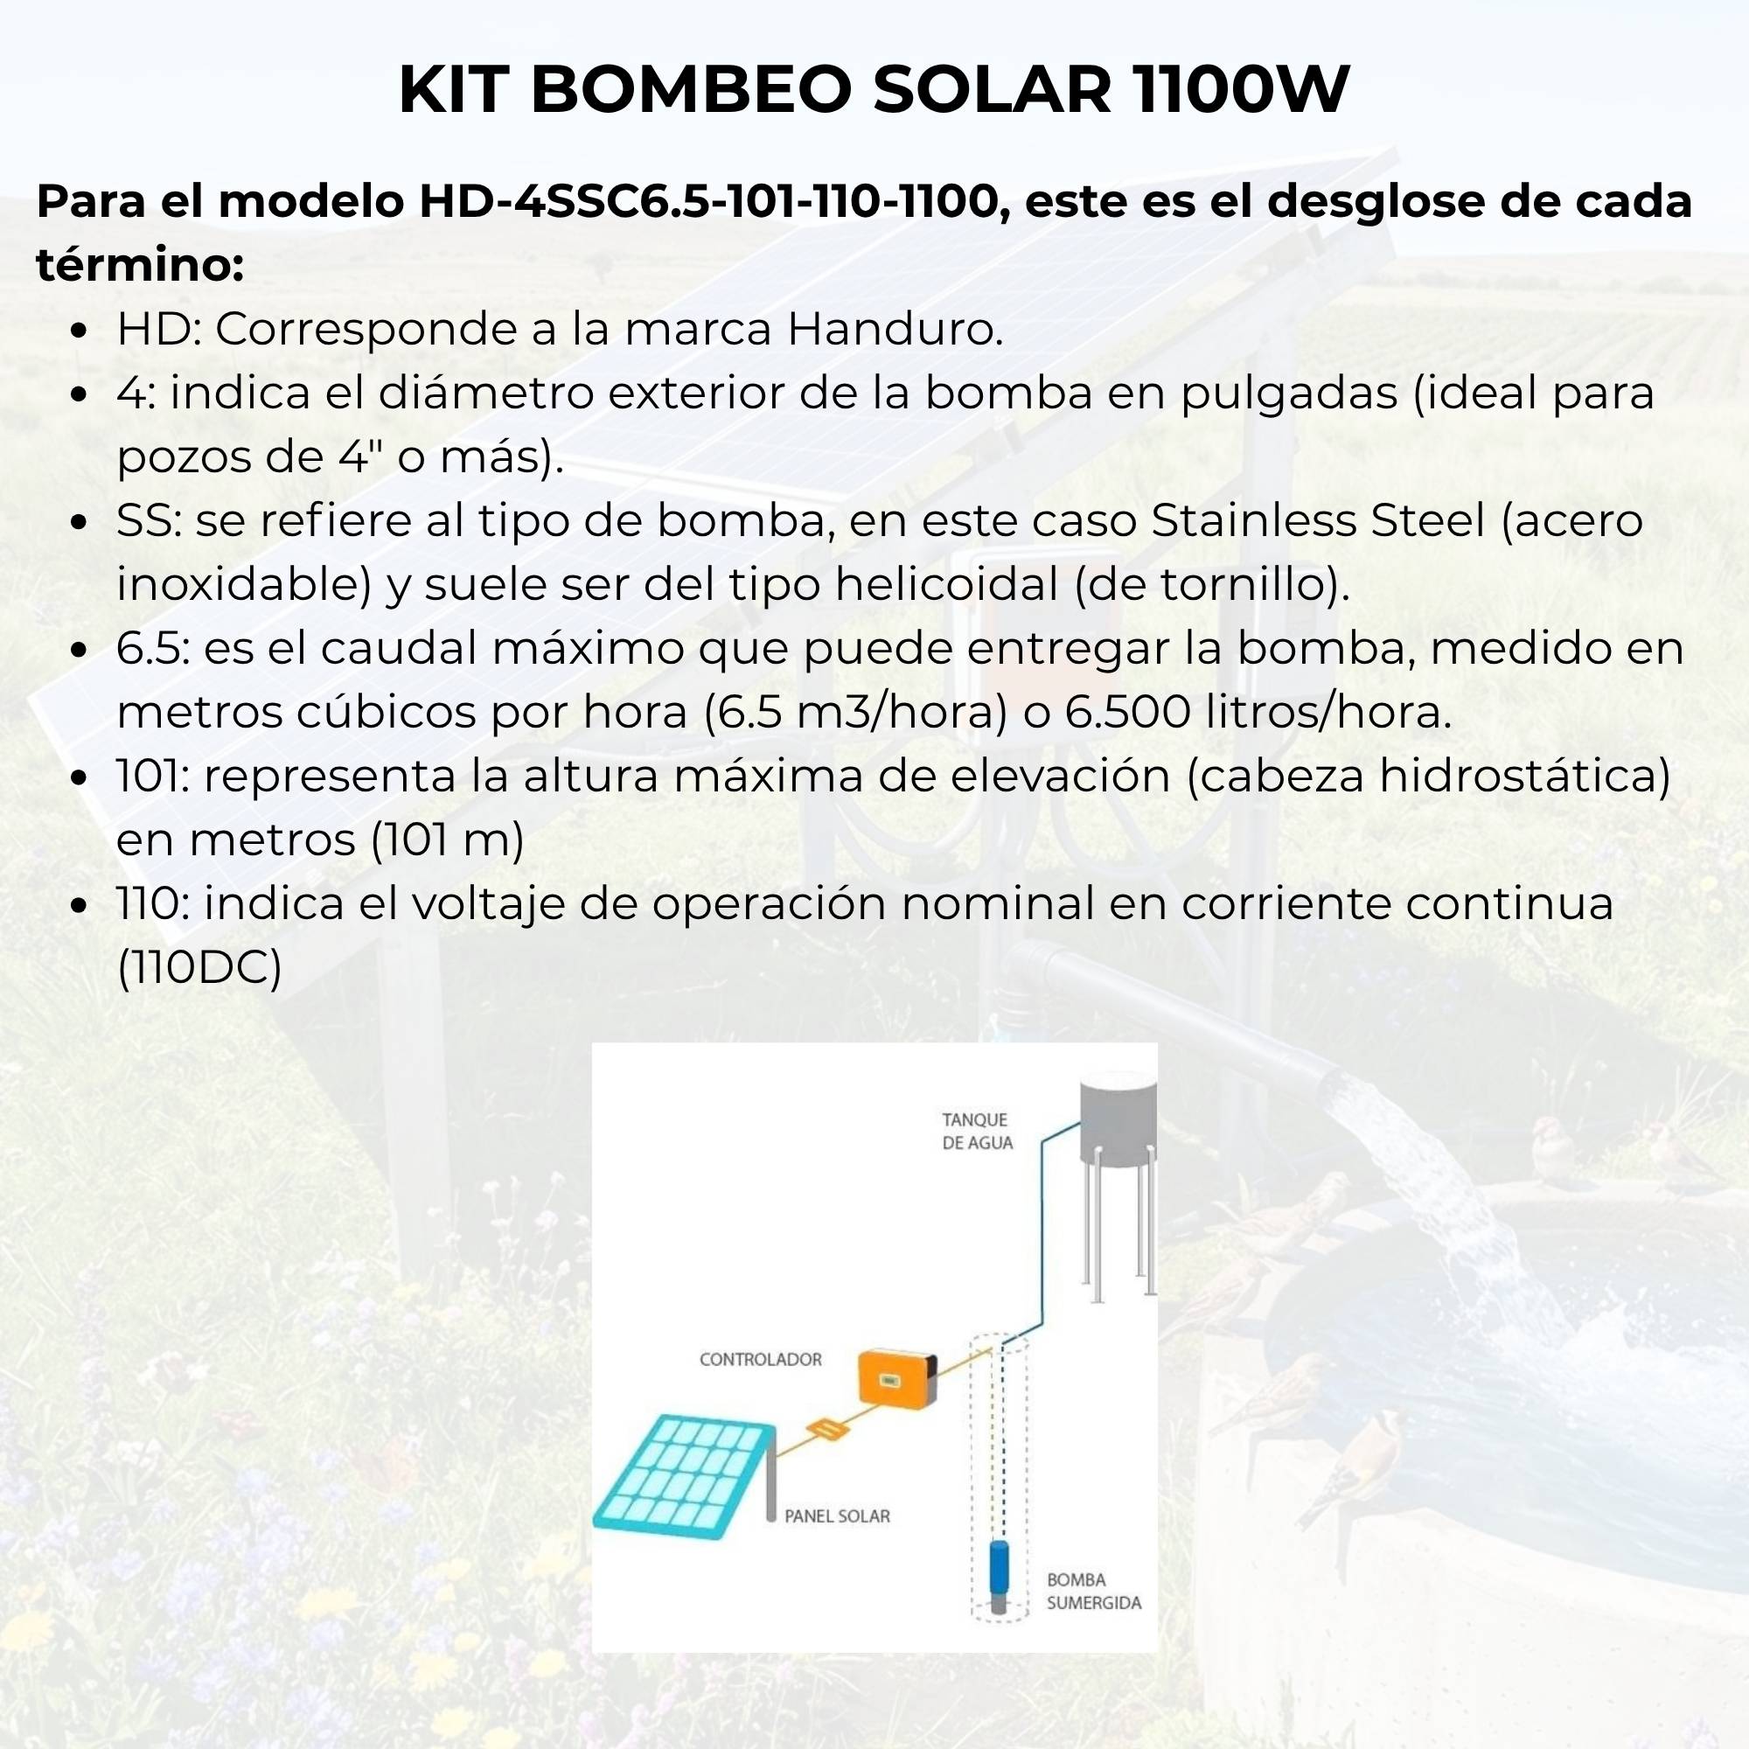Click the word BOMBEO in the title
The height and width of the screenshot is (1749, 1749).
[x=690, y=91]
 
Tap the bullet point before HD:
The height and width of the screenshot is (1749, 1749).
[x=80, y=331]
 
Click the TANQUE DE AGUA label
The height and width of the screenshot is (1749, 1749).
[x=977, y=1132]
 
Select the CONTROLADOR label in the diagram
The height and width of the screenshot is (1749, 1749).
[x=761, y=1359]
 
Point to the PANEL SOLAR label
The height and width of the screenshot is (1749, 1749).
[x=837, y=1516]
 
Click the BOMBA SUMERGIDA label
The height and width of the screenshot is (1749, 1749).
[x=1092, y=1591]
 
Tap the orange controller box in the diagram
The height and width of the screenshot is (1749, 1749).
[x=896, y=1378]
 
